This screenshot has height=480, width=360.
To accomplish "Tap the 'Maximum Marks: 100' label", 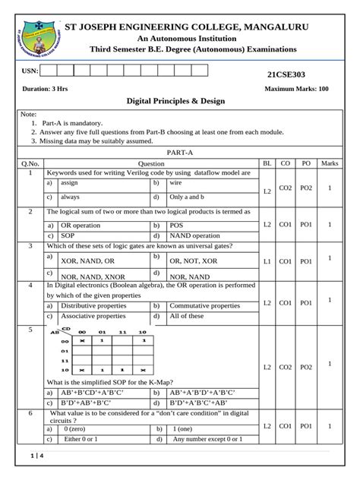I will coord(296,89).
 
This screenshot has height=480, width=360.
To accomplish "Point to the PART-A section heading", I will coord(179,153).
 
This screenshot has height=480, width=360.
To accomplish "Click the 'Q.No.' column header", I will coord(30,163).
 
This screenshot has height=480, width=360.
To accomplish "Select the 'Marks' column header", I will coord(330,163).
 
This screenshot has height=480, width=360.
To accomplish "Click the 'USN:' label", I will coord(30,71).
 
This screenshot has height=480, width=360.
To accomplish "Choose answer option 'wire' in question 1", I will coord(176,183).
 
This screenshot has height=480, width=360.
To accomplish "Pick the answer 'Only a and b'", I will coord(187,197).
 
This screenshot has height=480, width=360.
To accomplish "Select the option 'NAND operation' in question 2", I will coord(194,235).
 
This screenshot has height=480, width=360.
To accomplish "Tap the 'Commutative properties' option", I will coord(204,305).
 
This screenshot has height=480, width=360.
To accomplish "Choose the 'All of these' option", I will coord(187,315).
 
